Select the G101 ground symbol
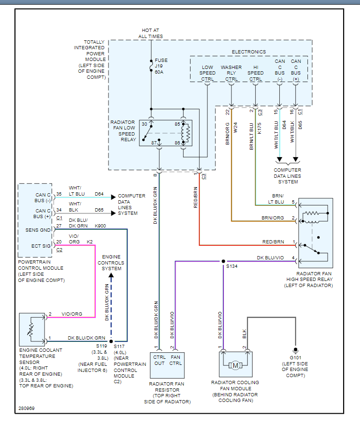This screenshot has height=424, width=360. [295, 350]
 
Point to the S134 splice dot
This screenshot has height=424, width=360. [223, 261]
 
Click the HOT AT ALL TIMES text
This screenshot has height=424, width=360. [151, 33]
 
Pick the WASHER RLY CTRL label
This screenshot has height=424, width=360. [231, 73]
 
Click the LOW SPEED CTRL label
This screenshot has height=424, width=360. [207, 73]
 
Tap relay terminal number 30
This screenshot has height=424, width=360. [145, 124]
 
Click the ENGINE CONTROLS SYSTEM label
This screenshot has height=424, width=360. [111, 263]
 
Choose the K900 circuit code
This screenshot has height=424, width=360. [100, 226]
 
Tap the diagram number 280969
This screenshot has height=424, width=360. [27, 408]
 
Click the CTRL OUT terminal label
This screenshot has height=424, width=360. [160, 360]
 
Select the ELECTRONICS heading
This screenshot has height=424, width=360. [248, 52]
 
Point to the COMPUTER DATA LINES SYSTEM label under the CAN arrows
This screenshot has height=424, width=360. [288, 176]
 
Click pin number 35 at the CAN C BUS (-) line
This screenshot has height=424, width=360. [59, 194]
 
